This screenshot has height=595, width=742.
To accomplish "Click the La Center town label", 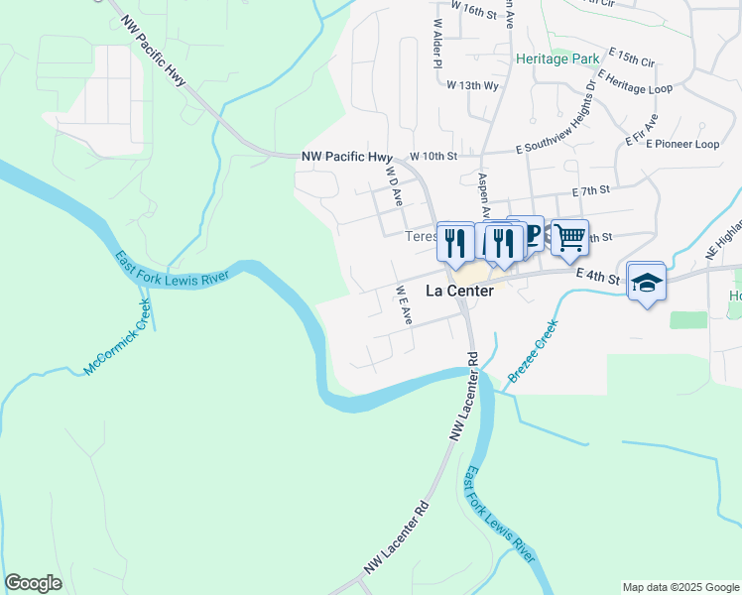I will pos(459,291).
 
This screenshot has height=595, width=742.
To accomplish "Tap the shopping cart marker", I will pos(569,238).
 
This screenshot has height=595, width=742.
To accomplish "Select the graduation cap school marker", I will pos(647,282).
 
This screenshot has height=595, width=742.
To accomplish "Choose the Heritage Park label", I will pos(557,59).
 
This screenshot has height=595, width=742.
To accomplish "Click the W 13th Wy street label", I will pos(472,85).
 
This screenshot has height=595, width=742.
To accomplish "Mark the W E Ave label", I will pos(404,305).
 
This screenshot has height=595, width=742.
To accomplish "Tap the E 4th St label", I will pos(597,279).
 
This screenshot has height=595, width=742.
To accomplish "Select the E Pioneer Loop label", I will pos(681,144).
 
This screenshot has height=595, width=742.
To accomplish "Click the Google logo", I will pos(33,583).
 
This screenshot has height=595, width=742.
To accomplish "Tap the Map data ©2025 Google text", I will pos(680,587).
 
